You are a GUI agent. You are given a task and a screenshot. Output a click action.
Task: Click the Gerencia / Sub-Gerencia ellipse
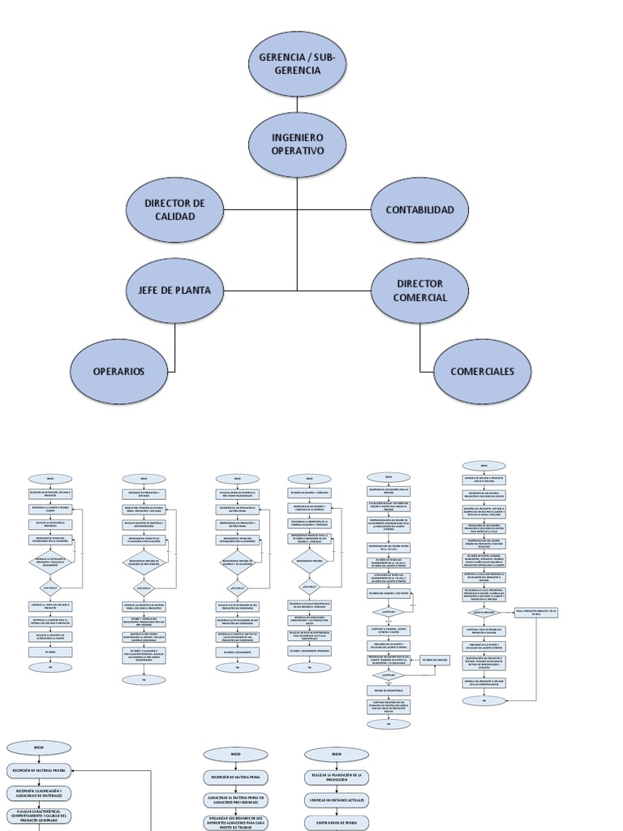pos(297,63)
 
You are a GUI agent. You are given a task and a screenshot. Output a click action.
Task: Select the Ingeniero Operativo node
pos(297,144)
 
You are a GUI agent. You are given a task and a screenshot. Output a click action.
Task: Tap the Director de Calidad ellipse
pos(174,209)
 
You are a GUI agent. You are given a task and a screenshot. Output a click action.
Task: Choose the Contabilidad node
pos(419,209)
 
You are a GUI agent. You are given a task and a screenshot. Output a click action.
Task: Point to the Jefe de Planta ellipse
pos(174,290)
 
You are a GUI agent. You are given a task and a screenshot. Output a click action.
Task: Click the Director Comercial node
pos(419,291)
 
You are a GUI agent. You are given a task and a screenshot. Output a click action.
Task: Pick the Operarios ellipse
pos(118,371)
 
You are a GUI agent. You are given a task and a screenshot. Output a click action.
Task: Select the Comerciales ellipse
pos(483,371)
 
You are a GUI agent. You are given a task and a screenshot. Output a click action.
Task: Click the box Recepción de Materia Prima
pos(235,777)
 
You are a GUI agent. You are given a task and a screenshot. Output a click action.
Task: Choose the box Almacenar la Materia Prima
pos(235,800)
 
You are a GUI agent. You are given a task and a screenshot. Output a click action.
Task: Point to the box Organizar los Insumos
pos(235,821)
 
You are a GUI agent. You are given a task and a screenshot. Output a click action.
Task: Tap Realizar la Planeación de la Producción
pos(337,777)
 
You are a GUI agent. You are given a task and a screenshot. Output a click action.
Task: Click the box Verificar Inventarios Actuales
pos(337,800)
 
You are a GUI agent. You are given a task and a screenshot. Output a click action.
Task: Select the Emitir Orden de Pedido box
pos(337,822)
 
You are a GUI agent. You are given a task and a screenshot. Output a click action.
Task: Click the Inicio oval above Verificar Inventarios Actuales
pos(337,754)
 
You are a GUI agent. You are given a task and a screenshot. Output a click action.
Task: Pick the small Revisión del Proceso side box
pos(434,660)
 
